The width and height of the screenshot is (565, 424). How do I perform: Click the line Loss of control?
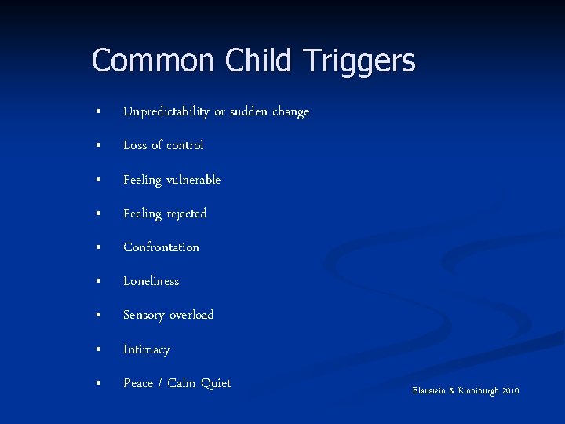coord(163,145)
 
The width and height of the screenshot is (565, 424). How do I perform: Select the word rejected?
coord(186,214)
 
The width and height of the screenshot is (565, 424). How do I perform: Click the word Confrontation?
coord(161,247)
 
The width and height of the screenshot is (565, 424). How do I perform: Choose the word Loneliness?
coord(151,281)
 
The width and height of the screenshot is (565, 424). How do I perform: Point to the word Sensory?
coord(144,316)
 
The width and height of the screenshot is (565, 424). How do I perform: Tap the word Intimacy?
coord(146,349)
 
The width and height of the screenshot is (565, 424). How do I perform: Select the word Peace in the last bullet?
coord(138,383)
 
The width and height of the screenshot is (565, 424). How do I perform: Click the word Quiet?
coord(216,383)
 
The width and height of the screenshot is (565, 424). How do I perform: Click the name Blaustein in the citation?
coord(429,391)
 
